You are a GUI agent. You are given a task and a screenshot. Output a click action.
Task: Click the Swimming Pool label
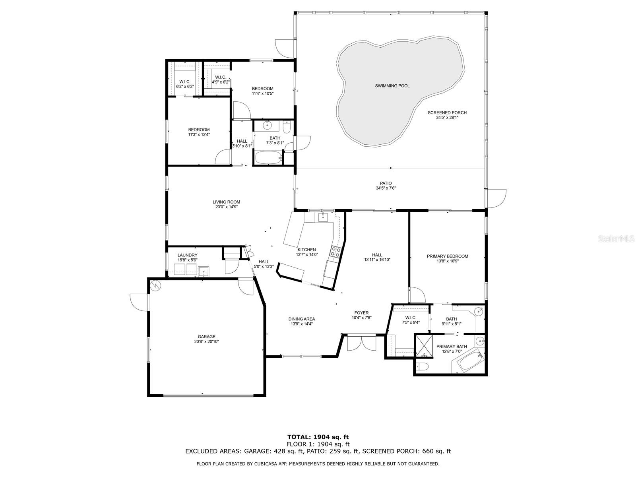pos(392,86)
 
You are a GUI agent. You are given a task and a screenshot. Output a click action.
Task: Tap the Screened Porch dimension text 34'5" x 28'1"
pos(447,118)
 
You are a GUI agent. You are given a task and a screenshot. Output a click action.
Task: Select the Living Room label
pos(226,202)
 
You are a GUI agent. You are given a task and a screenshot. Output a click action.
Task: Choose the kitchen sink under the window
pos(323,217)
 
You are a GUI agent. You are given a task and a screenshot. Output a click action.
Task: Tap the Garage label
pos(207,337)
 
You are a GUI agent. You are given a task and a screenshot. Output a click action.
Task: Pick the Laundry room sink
pos(204,271)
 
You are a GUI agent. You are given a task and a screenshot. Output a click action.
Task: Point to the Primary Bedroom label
pos(447,256)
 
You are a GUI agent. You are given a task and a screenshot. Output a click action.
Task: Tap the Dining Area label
pos(302,319)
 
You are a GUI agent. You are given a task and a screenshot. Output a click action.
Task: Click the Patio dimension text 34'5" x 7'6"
pos(386,188)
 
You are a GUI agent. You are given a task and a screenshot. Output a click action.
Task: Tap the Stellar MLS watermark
pos(619,239)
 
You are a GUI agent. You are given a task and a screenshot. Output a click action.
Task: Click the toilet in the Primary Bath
pos(422,367)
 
